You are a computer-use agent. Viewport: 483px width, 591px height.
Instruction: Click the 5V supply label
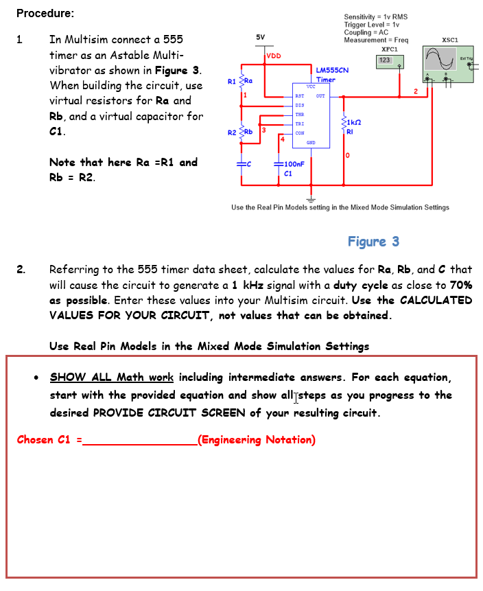[260, 36]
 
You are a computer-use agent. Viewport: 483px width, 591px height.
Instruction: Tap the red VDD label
[273, 56]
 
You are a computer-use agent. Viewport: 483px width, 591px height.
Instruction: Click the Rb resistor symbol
[240, 132]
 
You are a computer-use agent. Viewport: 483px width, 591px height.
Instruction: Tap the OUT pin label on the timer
[320, 96]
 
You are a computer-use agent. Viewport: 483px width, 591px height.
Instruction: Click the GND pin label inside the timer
[310, 143]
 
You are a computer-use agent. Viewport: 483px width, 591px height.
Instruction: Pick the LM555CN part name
[332, 70]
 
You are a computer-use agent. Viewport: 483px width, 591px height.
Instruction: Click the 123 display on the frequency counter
[384, 60]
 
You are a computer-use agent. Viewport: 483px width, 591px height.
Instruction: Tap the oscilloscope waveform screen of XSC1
[440, 57]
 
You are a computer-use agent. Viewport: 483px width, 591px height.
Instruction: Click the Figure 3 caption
[373, 241]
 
